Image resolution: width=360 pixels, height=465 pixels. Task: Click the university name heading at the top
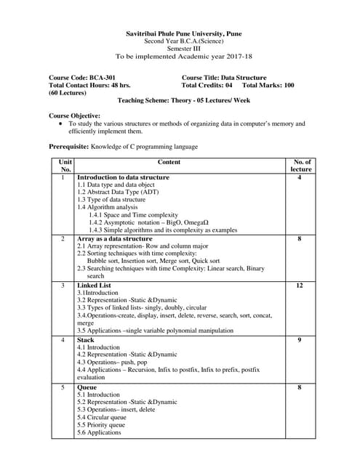180,33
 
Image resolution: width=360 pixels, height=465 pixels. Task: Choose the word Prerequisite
68,147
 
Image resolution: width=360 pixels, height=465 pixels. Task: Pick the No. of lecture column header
301,166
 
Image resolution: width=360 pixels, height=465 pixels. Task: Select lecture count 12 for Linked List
300,286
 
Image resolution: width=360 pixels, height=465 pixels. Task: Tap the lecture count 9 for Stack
300,339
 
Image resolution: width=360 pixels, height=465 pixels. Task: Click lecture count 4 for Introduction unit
300,177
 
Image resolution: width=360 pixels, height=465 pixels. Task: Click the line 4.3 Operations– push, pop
112,362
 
